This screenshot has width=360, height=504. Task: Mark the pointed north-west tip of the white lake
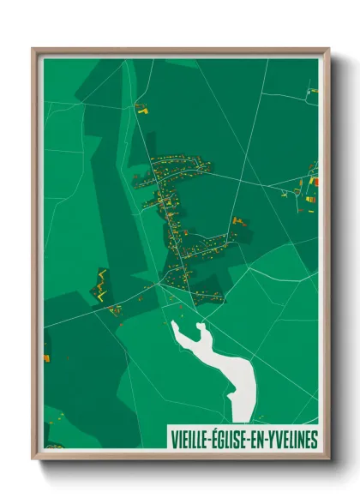pos(174,323)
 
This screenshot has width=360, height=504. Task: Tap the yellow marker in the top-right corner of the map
pos(314,89)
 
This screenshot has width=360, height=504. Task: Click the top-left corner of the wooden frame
pos(33,49)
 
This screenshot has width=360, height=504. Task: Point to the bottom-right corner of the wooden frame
pos(328,459)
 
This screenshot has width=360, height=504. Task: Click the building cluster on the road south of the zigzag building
pos(114,309)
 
